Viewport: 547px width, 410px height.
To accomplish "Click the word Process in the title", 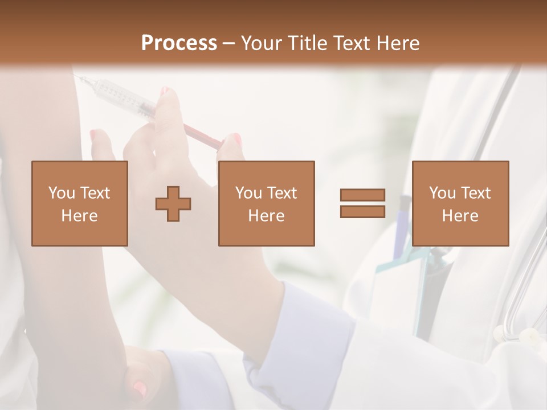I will click(x=179, y=43).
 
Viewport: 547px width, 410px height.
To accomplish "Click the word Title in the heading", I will click(x=309, y=43).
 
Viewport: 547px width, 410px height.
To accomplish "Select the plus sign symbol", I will click(x=173, y=203).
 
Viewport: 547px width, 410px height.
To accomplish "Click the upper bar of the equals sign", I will click(x=362, y=195).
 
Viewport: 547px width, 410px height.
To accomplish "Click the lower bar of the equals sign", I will click(x=362, y=211).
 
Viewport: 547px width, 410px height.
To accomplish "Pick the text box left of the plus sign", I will click(x=79, y=203).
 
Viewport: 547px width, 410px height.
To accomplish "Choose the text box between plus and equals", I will click(x=266, y=203).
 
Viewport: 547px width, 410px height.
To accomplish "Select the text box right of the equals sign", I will click(x=460, y=203).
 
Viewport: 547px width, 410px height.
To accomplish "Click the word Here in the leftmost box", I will click(x=79, y=215).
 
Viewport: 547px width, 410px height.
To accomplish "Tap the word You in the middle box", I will click(x=248, y=193).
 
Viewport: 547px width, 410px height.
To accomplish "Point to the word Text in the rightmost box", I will click(x=476, y=193).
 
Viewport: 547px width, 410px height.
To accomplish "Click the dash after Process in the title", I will click(x=228, y=43).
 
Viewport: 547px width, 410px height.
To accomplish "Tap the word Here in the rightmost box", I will click(x=460, y=215).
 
